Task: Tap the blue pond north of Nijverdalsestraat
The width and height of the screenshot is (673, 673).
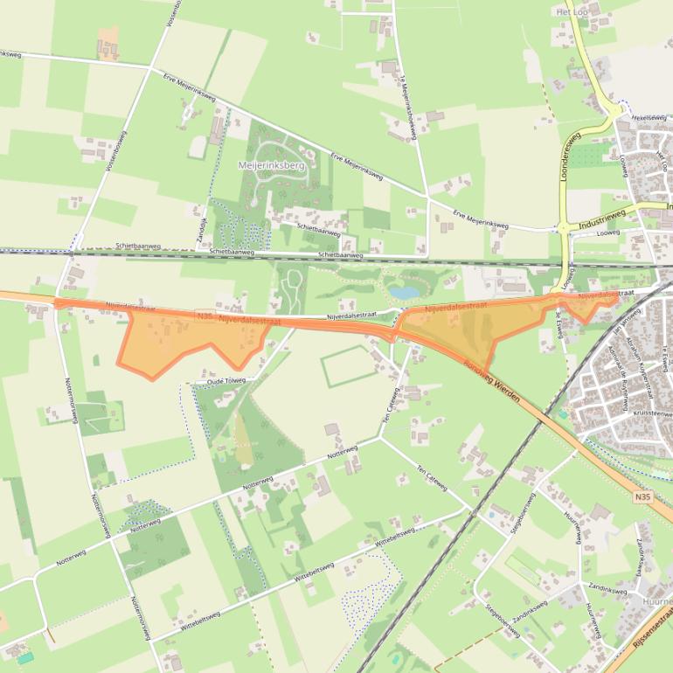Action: click(404, 292)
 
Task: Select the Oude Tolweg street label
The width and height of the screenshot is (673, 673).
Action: click(226, 381)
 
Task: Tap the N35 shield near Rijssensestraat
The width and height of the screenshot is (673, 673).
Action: click(643, 496)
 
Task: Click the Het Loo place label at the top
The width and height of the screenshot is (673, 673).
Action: click(572, 12)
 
